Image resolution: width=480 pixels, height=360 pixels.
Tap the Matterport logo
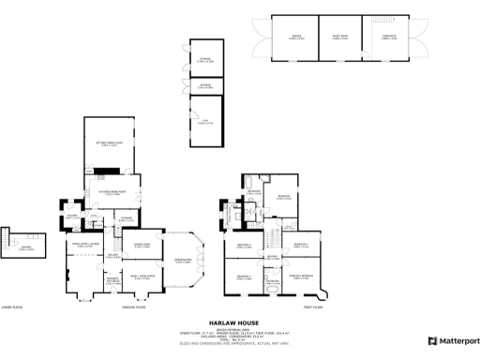(453, 340)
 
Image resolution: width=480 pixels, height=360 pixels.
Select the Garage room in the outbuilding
(295, 38)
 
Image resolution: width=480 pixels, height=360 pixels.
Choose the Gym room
(205, 122)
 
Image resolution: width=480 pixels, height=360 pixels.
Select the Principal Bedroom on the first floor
(301, 275)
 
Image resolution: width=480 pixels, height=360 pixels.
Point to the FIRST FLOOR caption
(314, 307)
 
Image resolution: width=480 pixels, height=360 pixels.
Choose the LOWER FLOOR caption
(13, 307)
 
